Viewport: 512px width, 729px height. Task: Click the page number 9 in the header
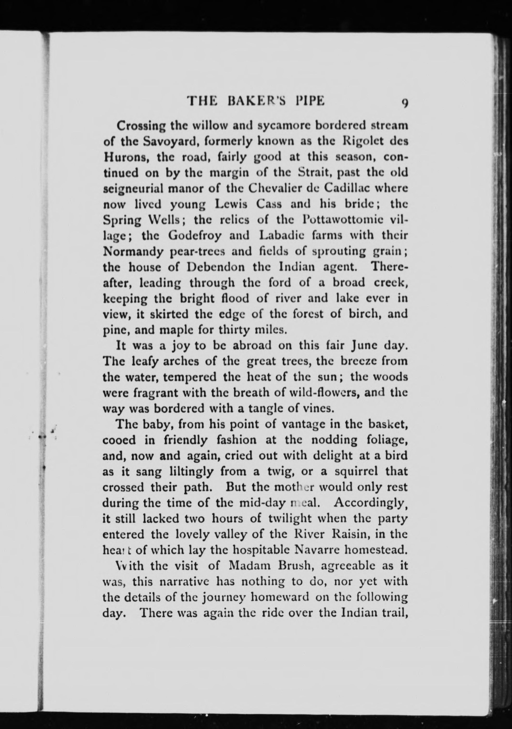tap(405, 104)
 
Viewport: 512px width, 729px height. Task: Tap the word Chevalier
tap(273, 189)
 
